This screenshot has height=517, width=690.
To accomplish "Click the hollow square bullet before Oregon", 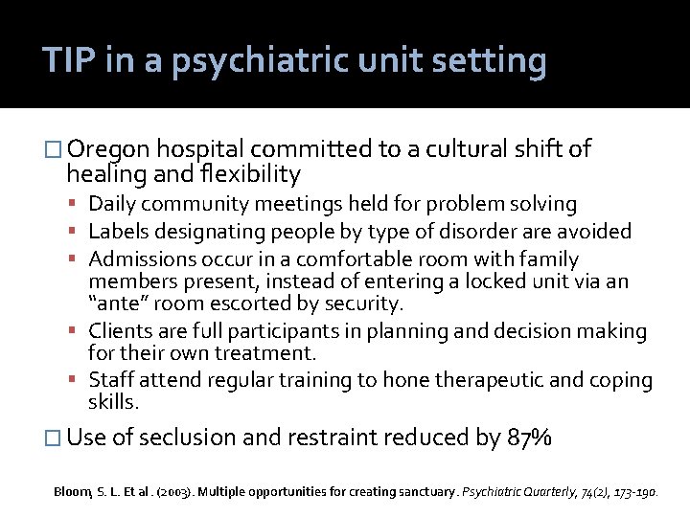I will [x=53, y=150].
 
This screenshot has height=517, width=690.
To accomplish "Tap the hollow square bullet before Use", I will [x=53, y=438].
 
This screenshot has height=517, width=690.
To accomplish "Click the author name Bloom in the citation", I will [x=71, y=491].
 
